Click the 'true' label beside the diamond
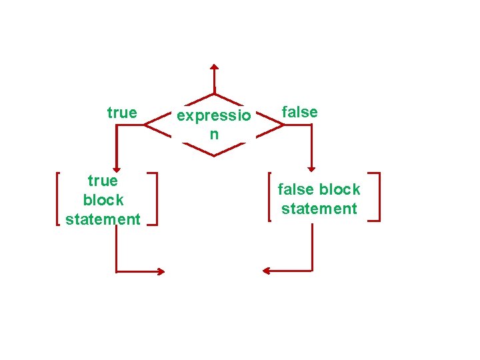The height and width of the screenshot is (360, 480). tap(122, 113)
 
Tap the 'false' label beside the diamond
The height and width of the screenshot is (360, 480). tap(300, 112)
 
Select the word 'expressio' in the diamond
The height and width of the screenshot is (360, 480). tap(214, 116)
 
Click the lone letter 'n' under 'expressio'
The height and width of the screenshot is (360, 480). tap(214, 134)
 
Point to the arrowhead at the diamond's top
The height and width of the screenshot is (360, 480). tap(214, 67)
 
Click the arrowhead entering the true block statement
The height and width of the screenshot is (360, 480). tap(116, 169)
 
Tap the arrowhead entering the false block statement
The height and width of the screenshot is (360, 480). tap(312, 169)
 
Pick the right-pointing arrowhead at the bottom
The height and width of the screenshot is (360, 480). tap(161, 271)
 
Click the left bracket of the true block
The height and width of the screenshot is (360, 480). tap(58, 199)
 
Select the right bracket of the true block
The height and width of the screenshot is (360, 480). tap(155, 199)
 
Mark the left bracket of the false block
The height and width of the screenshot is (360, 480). tap(269, 197)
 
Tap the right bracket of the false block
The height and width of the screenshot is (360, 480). tap(377, 197)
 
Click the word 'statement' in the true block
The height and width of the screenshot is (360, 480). tap(103, 219)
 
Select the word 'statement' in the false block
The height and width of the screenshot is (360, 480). tap(319, 209)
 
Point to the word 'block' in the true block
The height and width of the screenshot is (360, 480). tap(103, 200)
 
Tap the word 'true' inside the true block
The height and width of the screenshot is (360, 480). tap(103, 181)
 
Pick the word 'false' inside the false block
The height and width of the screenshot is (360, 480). tap(295, 189)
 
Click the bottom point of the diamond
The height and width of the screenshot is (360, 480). tap(214, 155)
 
